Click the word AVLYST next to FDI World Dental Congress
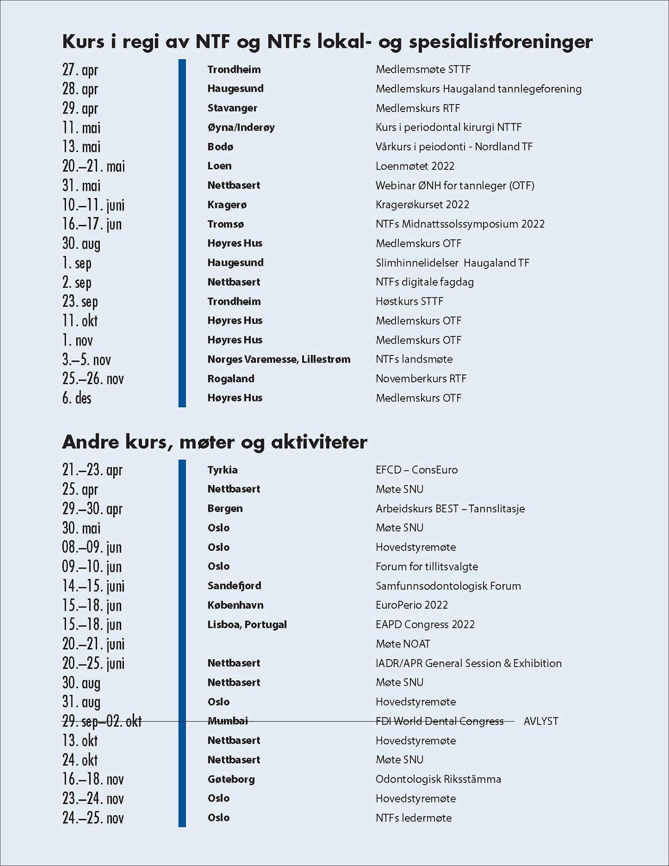click(x=541, y=721)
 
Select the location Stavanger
click(x=232, y=108)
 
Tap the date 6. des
click(x=77, y=398)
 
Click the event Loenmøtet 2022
click(x=415, y=166)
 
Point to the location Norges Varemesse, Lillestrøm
click(x=278, y=359)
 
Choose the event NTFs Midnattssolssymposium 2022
click(x=460, y=224)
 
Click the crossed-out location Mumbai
click(x=228, y=721)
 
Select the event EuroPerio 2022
click(x=411, y=605)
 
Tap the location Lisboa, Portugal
click(x=247, y=625)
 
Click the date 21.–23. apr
click(x=92, y=470)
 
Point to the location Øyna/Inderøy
click(x=241, y=127)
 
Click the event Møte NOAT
click(x=403, y=644)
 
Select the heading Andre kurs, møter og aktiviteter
click(x=214, y=442)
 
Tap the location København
click(x=235, y=605)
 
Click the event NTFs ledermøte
click(x=414, y=818)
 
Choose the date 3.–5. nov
click(x=86, y=359)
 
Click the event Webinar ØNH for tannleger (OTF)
click(x=455, y=185)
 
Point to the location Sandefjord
click(x=234, y=586)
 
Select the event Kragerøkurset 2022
click(x=422, y=205)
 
